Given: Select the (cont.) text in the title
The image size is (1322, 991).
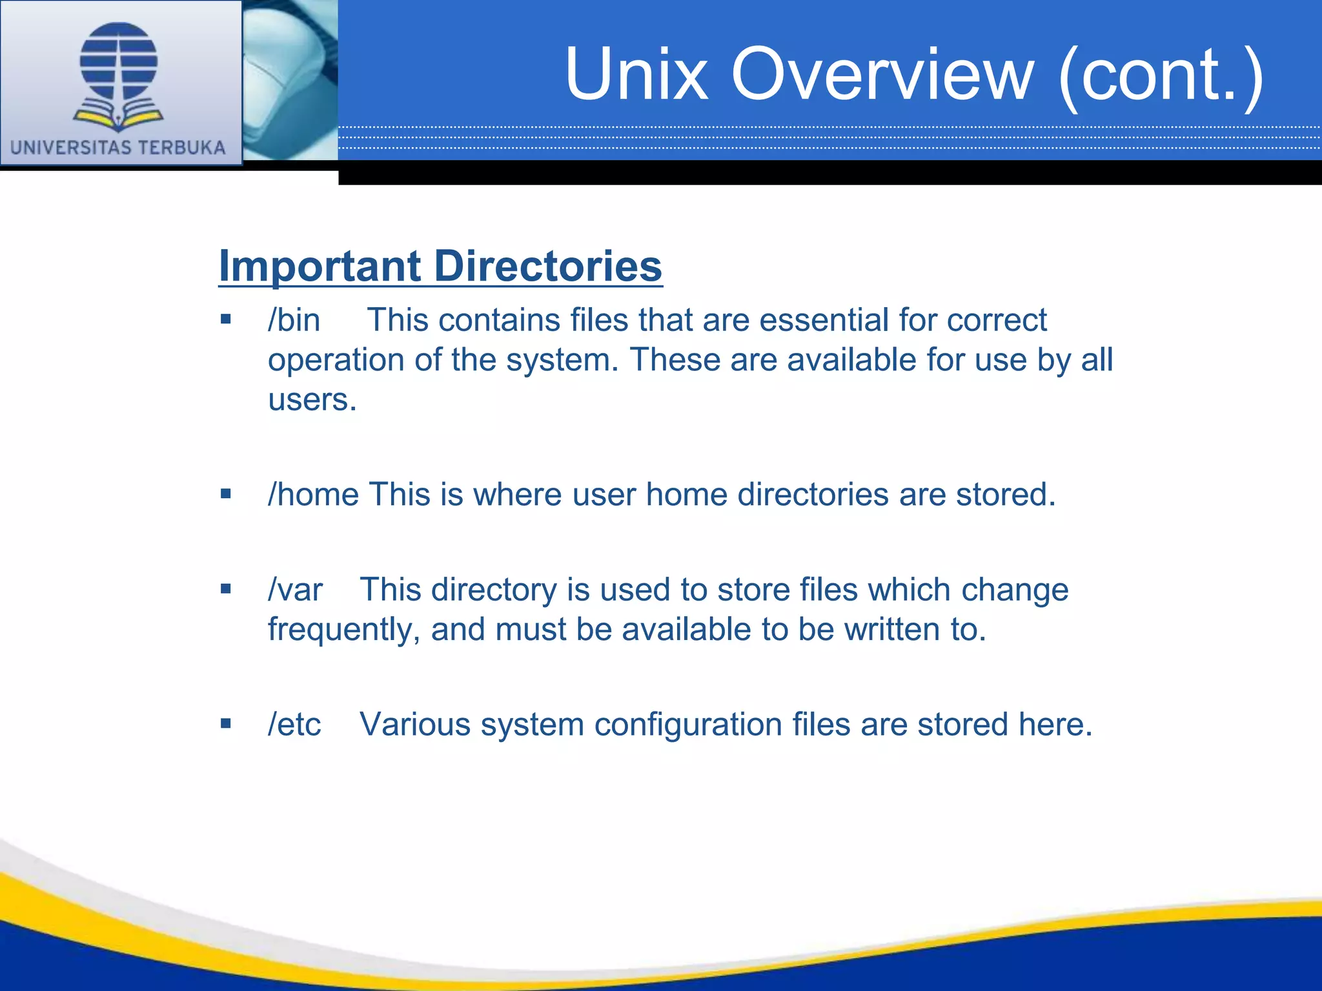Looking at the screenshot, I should coord(1161,75).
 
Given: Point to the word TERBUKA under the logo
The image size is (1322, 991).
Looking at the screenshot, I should coord(182,148).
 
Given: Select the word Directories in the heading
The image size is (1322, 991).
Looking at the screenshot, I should coord(548,266).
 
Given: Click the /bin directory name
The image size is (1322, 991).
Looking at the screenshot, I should coord(294,320).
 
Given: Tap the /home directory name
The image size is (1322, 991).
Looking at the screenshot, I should coord(314,495).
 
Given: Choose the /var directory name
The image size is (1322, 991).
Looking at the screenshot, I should coord(296,590).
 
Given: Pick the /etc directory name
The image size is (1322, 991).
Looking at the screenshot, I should coord(294,725).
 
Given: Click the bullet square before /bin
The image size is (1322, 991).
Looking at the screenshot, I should coord(225,319).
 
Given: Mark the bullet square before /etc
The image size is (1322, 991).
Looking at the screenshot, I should coord(225,723).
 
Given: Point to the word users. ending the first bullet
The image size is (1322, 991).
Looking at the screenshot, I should coord(312,399).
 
